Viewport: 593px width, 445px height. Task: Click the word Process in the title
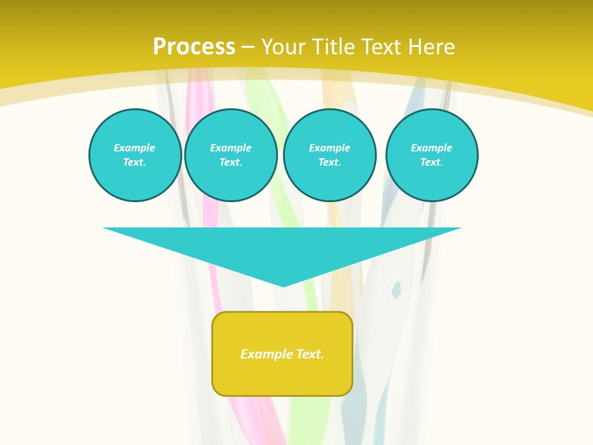194,47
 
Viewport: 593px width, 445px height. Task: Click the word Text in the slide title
382,47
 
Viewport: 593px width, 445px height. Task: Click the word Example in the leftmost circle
135,148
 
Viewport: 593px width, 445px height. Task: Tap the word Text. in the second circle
230,162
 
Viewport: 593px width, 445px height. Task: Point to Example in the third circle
329,148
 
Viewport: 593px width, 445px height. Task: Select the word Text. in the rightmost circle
431,162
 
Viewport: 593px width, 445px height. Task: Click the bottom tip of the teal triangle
283,285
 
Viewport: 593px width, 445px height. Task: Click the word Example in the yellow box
267,354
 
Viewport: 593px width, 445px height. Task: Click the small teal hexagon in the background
396,289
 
